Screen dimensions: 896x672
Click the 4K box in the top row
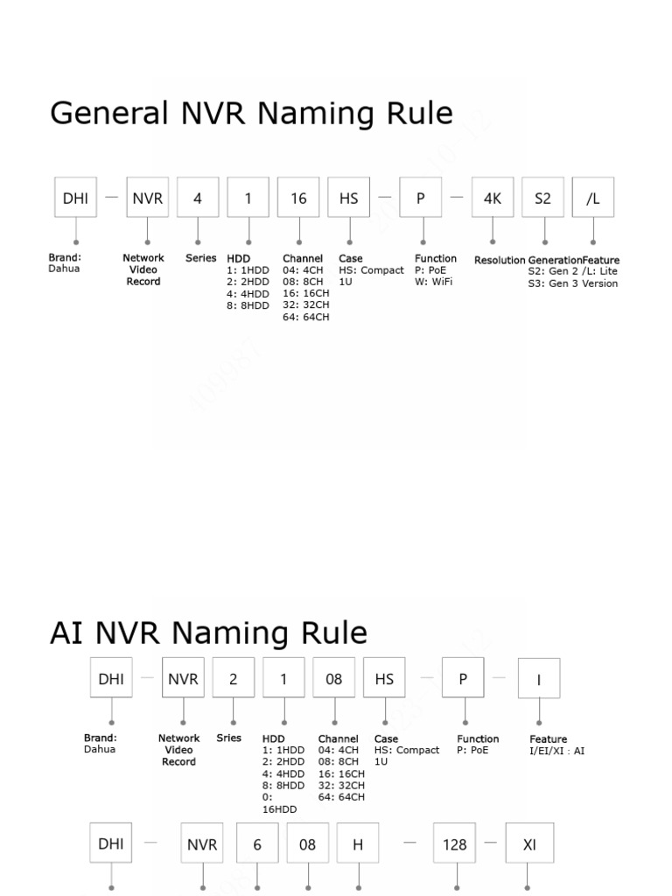coord(493,199)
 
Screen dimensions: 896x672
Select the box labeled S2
coord(543,199)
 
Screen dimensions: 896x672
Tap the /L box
coord(593,199)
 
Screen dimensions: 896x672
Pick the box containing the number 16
coord(299,199)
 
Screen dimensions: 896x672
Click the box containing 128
coord(455,844)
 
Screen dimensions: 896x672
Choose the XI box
coord(530,844)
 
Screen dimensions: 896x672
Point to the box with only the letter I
coord(539,678)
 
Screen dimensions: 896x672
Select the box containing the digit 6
coord(257,844)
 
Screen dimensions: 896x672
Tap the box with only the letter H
coord(358,844)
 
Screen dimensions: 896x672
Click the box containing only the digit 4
coord(198,199)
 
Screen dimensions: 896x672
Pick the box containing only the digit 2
coord(234,678)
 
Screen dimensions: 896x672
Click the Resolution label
coord(500,260)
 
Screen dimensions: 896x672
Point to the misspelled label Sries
coord(228,738)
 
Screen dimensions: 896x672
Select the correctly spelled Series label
coord(200,258)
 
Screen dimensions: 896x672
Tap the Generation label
coord(555,260)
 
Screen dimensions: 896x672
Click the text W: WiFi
coord(434,282)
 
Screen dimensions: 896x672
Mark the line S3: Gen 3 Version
coord(573,283)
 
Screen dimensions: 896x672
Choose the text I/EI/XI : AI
coord(557,751)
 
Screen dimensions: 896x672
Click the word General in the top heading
coord(109,114)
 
